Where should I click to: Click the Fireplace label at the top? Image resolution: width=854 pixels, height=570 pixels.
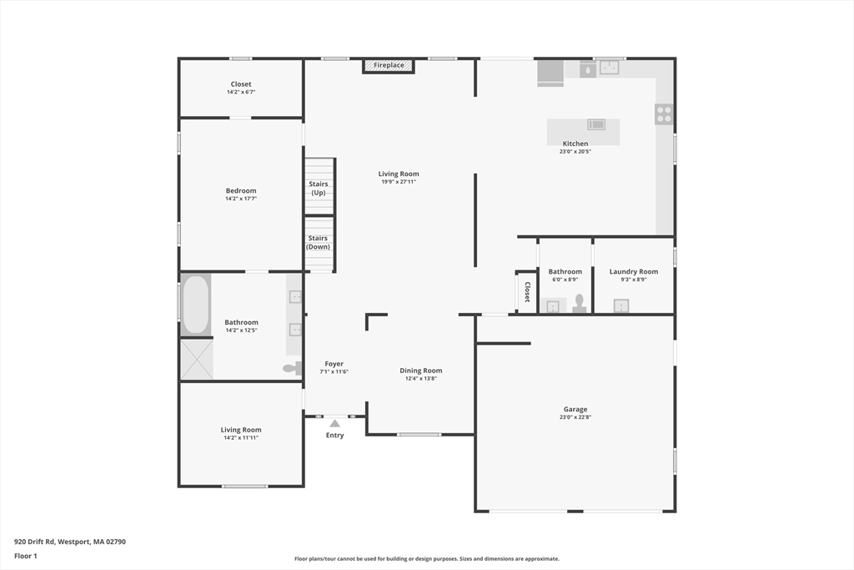tap(389, 65)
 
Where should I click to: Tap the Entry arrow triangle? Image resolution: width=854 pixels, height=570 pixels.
tap(335, 423)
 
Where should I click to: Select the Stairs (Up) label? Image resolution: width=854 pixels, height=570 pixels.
tap(319, 188)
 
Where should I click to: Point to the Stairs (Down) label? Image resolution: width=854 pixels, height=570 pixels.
tap(318, 243)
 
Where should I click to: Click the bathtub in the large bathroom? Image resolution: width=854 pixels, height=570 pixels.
tap(195, 305)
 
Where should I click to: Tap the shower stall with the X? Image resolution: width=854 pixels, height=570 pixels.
tap(197, 359)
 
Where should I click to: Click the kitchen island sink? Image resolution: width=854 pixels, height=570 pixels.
tap(596, 124)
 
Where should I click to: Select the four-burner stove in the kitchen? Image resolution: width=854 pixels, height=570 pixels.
tap(664, 114)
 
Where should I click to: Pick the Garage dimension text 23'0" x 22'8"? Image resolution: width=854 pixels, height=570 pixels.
tap(575, 417)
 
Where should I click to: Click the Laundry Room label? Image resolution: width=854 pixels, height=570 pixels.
tap(634, 271)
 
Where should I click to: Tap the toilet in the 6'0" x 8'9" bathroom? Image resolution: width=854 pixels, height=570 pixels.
tap(580, 304)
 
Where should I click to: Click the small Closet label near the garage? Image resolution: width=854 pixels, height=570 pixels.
tap(527, 292)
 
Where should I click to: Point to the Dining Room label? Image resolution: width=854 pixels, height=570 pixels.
tap(421, 371)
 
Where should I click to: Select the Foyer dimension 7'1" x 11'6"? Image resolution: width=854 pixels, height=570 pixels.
tap(334, 371)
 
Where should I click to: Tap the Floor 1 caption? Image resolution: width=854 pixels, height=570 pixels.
tap(26, 556)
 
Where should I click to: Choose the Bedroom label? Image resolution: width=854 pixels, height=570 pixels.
tap(241, 191)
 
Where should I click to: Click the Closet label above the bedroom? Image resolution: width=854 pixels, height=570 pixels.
tap(241, 84)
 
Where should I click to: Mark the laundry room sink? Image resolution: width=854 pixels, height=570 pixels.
tap(621, 305)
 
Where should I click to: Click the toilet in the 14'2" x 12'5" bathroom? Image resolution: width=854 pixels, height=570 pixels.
tap(293, 368)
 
